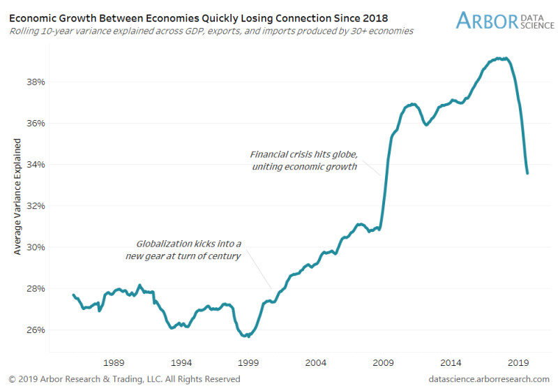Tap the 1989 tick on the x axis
(x=114, y=362)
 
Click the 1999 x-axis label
(x=248, y=362)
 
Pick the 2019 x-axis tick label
(x=518, y=362)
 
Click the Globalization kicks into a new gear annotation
(x=188, y=250)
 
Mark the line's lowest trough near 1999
(x=245, y=336)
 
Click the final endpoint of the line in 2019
(x=527, y=173)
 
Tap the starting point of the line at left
(x=73, y=295)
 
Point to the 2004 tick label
(x=315, y=362)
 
